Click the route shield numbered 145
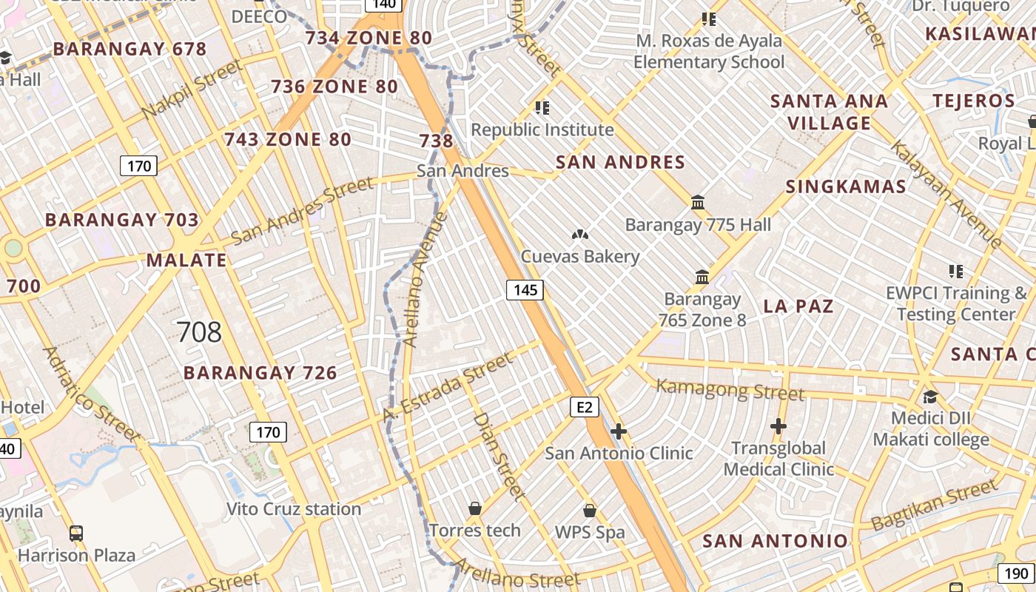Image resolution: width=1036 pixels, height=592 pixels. [525, 289]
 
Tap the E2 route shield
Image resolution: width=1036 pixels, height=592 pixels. [584, 407]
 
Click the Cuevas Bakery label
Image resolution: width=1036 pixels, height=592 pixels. [580, 257]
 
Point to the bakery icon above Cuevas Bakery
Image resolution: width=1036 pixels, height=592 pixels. [580, 235]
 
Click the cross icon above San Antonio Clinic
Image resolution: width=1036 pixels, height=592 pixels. [619, 431]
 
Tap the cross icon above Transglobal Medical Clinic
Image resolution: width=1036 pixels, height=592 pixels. [778, 426]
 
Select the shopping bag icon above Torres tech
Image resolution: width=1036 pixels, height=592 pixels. [475, 509]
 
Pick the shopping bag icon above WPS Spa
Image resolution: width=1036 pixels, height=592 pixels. [590, 511]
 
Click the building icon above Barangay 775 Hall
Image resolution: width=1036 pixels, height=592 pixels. [698, 202]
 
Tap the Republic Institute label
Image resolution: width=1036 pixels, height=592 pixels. [542, 130]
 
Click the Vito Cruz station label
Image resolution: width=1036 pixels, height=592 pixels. [294, 509]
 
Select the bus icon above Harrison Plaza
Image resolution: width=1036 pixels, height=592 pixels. [75, 533]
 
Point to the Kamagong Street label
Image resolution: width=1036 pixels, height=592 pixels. [730, 388]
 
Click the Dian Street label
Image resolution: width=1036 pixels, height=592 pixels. [499, 457]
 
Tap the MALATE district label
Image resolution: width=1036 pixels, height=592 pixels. [186, 260]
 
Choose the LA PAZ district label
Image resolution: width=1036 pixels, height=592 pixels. [798, 306]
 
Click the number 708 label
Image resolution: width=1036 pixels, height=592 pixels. [199, 332]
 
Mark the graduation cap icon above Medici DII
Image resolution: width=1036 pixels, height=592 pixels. [930, 397]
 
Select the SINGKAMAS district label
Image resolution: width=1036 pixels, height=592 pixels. [846, 186]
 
